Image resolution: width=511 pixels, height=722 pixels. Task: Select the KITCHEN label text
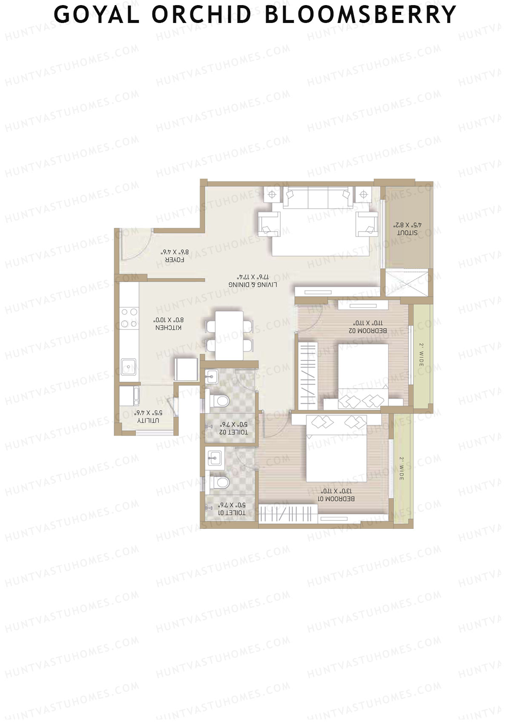click(169, 328)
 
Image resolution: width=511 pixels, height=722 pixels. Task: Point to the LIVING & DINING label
click(253, 284)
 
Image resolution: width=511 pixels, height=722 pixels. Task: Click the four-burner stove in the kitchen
click(129, 318)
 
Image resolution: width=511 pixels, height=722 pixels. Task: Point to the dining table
click(230, 335)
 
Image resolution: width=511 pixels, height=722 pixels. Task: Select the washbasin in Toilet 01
click(214, 459)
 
